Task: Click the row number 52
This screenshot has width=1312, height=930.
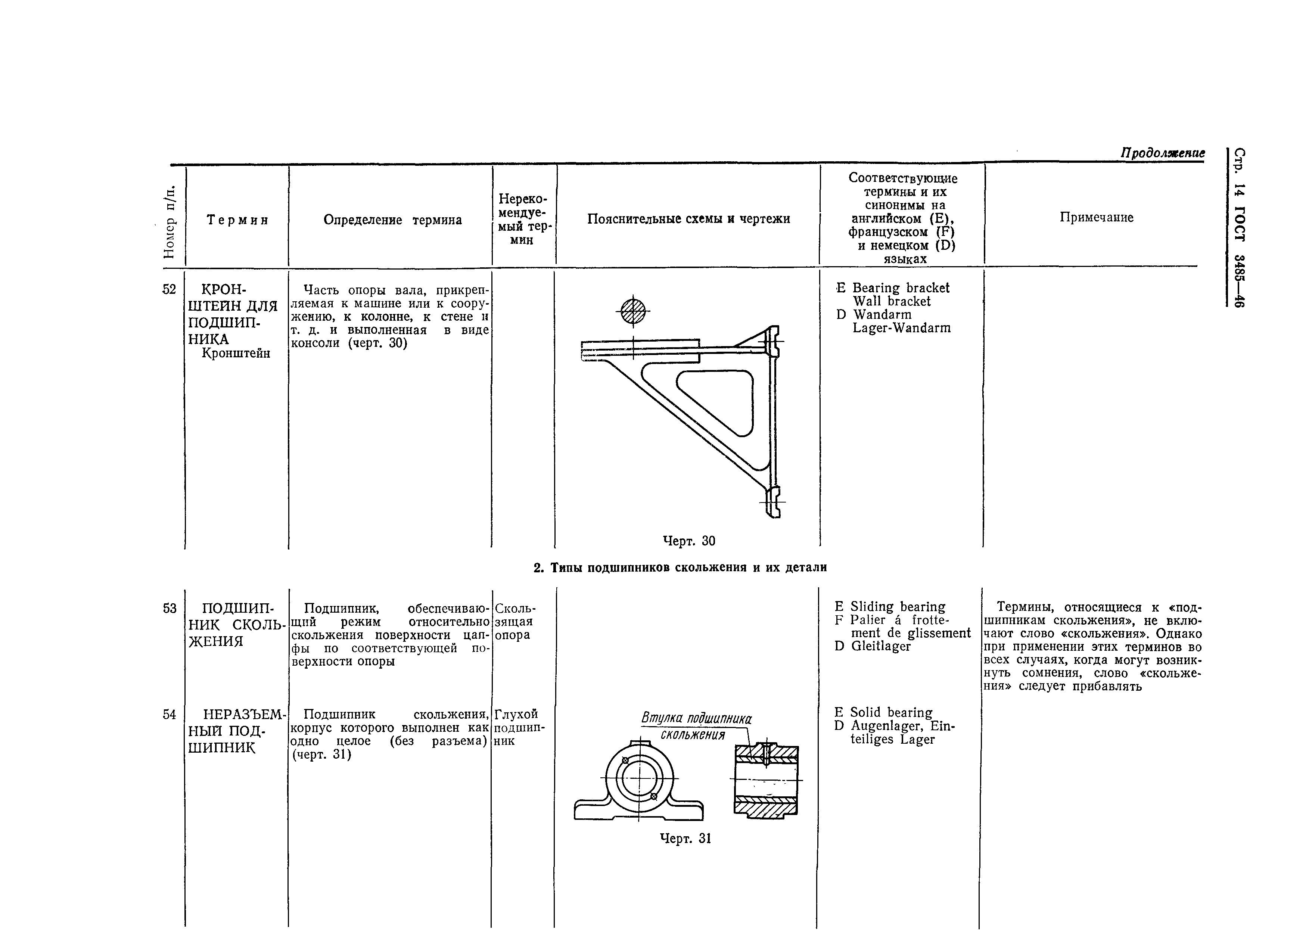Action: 169,289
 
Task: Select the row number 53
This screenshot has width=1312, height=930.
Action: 169,607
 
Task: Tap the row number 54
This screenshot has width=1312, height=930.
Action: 169,714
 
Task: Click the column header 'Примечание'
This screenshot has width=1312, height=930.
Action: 1096,218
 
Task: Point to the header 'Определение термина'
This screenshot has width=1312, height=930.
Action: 392,220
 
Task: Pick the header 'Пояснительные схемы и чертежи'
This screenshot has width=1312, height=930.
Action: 688,219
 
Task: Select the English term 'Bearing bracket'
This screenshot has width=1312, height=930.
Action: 900,288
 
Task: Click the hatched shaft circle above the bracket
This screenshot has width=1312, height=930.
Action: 633,312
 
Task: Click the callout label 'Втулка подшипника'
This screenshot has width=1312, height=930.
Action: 696,718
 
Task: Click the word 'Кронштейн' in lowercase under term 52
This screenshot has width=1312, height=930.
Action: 236,353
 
